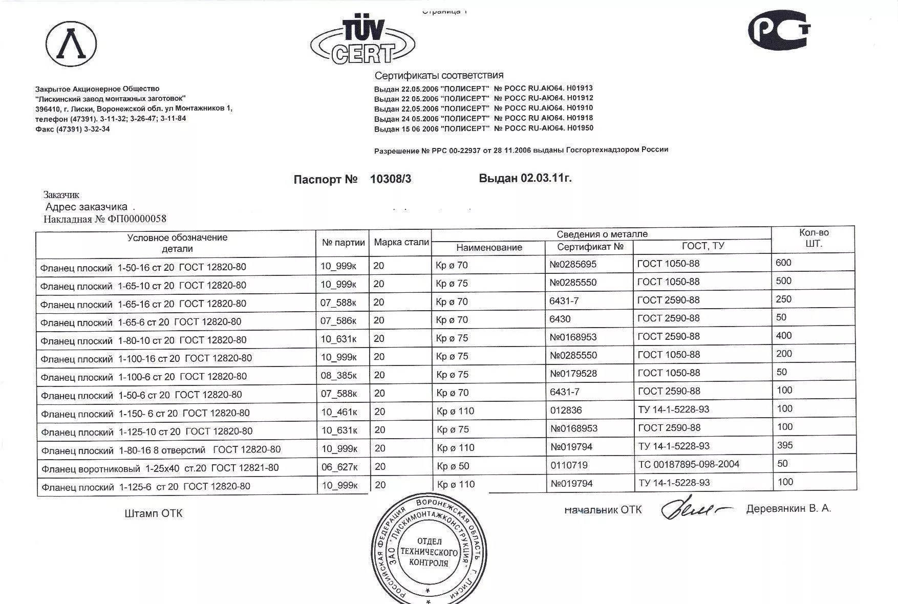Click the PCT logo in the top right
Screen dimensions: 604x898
click(779, 31)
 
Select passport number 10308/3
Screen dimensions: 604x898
click(390, 179)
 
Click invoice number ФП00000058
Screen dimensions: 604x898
click(137, 219)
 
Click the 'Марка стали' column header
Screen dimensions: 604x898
click(401, 242)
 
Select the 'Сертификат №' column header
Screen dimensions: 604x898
click(590, 247)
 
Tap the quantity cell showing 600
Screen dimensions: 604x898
click(783, 263)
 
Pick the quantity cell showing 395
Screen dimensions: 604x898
click(785, 445)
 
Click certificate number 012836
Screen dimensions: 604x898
click(566, 410)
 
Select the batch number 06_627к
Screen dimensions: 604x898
click(339, 467)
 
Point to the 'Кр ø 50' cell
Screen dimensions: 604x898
click(453, 466)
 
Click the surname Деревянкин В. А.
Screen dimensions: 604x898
click(788, 509)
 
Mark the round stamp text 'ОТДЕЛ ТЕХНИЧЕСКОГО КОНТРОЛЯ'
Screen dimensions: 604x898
click(429, 552)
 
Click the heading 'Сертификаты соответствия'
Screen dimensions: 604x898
click(439, 76)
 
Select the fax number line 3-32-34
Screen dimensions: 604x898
click(72, 129)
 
